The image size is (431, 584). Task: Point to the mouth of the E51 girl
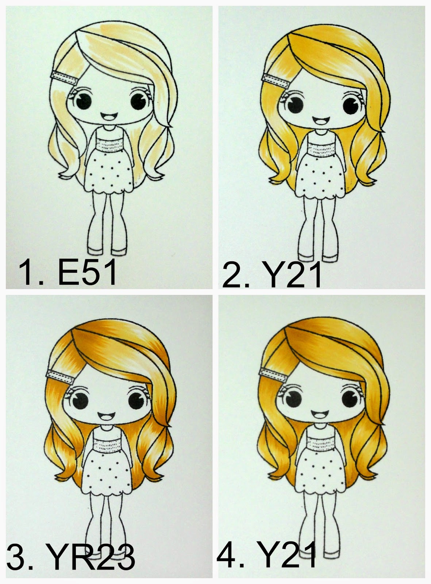109,116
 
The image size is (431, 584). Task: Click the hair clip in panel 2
275,79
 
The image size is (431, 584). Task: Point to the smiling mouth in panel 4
319,414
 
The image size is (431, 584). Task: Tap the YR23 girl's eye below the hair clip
80,400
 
